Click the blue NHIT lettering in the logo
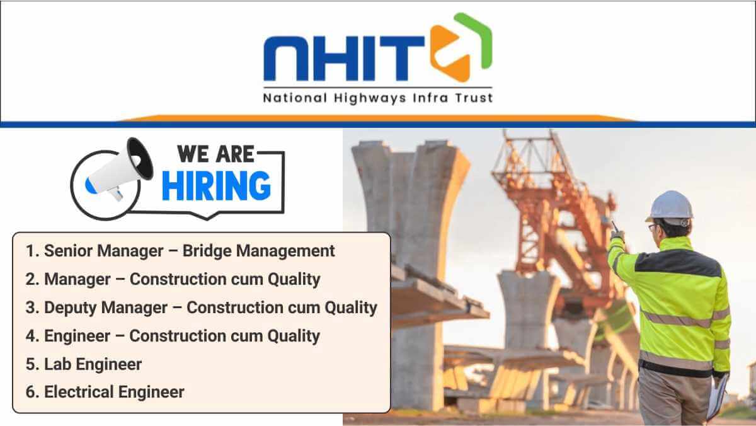(x=343, y=59)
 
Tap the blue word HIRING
(x=216, y=186)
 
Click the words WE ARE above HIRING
(x=215, y=154)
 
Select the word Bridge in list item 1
(x=207, y=251)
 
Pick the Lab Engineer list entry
(x=84, y=364)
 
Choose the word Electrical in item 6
(x=79, y=392)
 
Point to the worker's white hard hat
(x=670, y=206)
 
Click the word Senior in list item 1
(x=70, y=251)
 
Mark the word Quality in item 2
(x=294, y=280)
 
